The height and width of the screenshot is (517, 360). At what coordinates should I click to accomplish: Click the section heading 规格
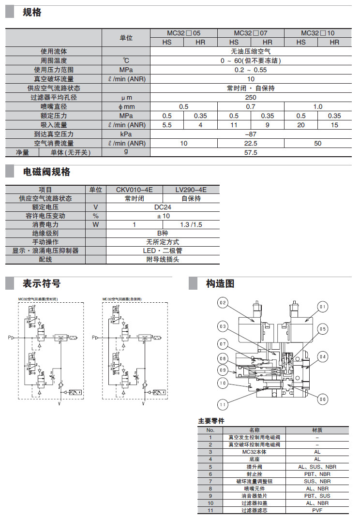pos(32,13)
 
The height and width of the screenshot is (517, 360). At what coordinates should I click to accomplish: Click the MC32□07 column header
pos(251,33)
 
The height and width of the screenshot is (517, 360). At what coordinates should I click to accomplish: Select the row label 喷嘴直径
pos(54,106)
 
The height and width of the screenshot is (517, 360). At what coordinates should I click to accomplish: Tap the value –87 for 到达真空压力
pos(251,134)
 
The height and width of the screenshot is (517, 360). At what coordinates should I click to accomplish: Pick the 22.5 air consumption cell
pos(251,143)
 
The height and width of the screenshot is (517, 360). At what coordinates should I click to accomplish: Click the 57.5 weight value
pos(251,152)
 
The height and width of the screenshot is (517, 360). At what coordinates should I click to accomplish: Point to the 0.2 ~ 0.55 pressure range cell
pos(251,70)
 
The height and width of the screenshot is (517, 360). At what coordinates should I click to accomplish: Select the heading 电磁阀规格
pos(47,172)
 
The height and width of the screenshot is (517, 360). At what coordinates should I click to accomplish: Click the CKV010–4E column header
pos(135,190)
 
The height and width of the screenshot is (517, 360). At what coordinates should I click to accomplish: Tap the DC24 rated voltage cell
pos(163,207)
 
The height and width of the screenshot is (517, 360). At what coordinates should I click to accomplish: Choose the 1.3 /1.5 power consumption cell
pos(191,225)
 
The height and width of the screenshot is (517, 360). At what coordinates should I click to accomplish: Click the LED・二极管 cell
pos(163,251)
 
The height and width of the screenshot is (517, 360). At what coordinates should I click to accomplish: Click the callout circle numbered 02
pos(223,304)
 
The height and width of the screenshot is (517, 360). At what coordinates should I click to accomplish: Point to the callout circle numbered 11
pos(223,404)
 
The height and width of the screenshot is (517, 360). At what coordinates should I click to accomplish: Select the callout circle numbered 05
pos(323,329)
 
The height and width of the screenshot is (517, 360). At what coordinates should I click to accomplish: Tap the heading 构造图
pos(220,283)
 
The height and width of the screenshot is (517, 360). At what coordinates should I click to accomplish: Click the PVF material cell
pos(317,510)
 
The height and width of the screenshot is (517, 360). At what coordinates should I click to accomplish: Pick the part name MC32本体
pos(255,452)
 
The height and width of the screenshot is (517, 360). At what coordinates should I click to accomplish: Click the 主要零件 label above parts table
pos(211,421)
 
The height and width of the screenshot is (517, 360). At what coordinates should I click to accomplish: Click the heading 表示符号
pos(42,283)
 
